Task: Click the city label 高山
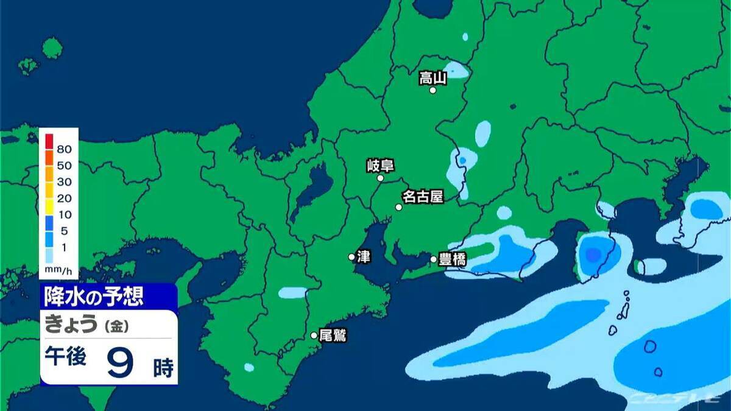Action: [433, 77]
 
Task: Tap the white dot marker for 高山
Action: [433, 90]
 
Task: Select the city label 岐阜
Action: [380, 165]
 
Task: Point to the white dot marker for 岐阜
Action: [380, 178]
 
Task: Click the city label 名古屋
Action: [422, 197]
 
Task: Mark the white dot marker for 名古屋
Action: [399, 207]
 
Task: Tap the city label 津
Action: [364, 257]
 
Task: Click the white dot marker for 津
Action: [351, 257]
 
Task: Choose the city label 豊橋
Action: [453, 259]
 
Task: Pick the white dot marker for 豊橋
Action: [434, 259]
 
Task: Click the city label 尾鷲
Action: [333, 335]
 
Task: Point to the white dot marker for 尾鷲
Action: [314, 335]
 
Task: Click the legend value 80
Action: [64, 149]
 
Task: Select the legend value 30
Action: [64, 181]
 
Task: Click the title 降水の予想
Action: [94, 297]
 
